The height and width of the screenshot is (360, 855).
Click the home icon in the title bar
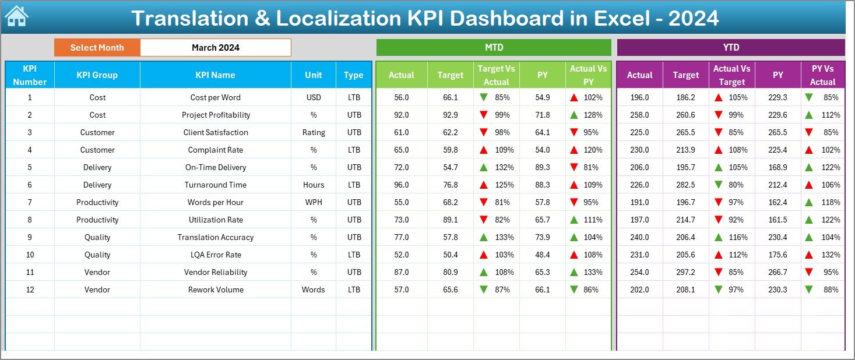(16, 17)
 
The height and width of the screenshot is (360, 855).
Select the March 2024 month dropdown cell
(216, 48)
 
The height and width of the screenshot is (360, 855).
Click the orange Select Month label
(97, 48)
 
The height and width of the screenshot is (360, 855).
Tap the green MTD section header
(494, 47)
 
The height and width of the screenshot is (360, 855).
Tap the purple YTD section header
(731, 47)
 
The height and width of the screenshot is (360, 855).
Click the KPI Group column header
(97, 75)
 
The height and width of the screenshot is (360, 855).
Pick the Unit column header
(314, 75)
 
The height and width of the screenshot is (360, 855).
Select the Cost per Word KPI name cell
(215, 97)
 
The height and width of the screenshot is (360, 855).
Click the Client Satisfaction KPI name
(215, 132)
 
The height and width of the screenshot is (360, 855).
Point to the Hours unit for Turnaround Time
(314, 185)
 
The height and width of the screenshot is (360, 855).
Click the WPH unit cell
(314, 202)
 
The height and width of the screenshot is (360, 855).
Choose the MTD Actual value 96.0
(401, 185)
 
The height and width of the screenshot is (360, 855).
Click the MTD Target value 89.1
(450, 220)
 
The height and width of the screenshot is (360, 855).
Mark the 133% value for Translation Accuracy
(504, 237)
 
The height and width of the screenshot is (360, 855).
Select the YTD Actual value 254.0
(639, 272)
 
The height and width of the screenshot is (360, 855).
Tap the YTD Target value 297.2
(685, 272)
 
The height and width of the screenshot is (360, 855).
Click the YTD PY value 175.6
(777, 255)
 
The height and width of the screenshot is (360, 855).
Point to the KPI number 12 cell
(30, 290)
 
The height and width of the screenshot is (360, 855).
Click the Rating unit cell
(314, 132)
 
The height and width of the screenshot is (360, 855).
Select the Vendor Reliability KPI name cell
(215, 272)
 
